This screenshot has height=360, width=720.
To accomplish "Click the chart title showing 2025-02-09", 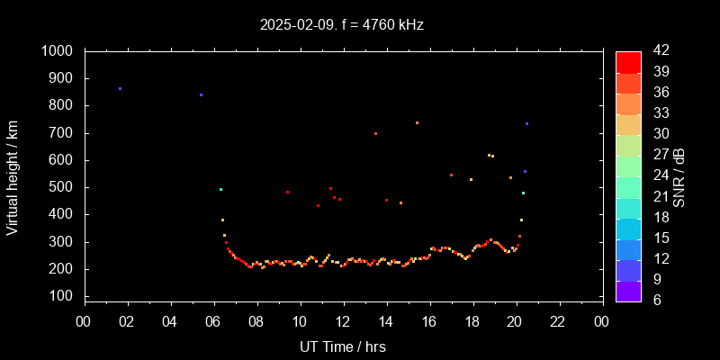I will (341, 25).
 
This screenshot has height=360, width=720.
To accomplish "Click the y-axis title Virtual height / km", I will (13, 176).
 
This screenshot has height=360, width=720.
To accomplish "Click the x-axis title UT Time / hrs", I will (343, 346).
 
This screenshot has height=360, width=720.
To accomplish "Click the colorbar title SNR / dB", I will (679, 176).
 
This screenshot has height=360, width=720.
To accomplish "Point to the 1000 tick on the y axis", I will (62, 51).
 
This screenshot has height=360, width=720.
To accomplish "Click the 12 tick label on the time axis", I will (343, 319).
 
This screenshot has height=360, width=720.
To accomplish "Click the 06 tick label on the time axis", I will (213, 319).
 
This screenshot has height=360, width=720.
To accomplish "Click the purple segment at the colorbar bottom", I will (628, 291).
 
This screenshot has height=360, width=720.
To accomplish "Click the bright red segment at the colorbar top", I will (628, 61).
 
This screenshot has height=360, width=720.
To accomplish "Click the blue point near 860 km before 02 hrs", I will (120, 88).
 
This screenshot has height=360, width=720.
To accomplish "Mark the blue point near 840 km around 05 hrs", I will (201, 94).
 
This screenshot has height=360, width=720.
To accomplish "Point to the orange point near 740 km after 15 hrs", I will (417, 122).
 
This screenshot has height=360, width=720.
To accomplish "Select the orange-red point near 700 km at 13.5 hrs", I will (375, 133).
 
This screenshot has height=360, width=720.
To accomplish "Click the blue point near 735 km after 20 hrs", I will (526, 123).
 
